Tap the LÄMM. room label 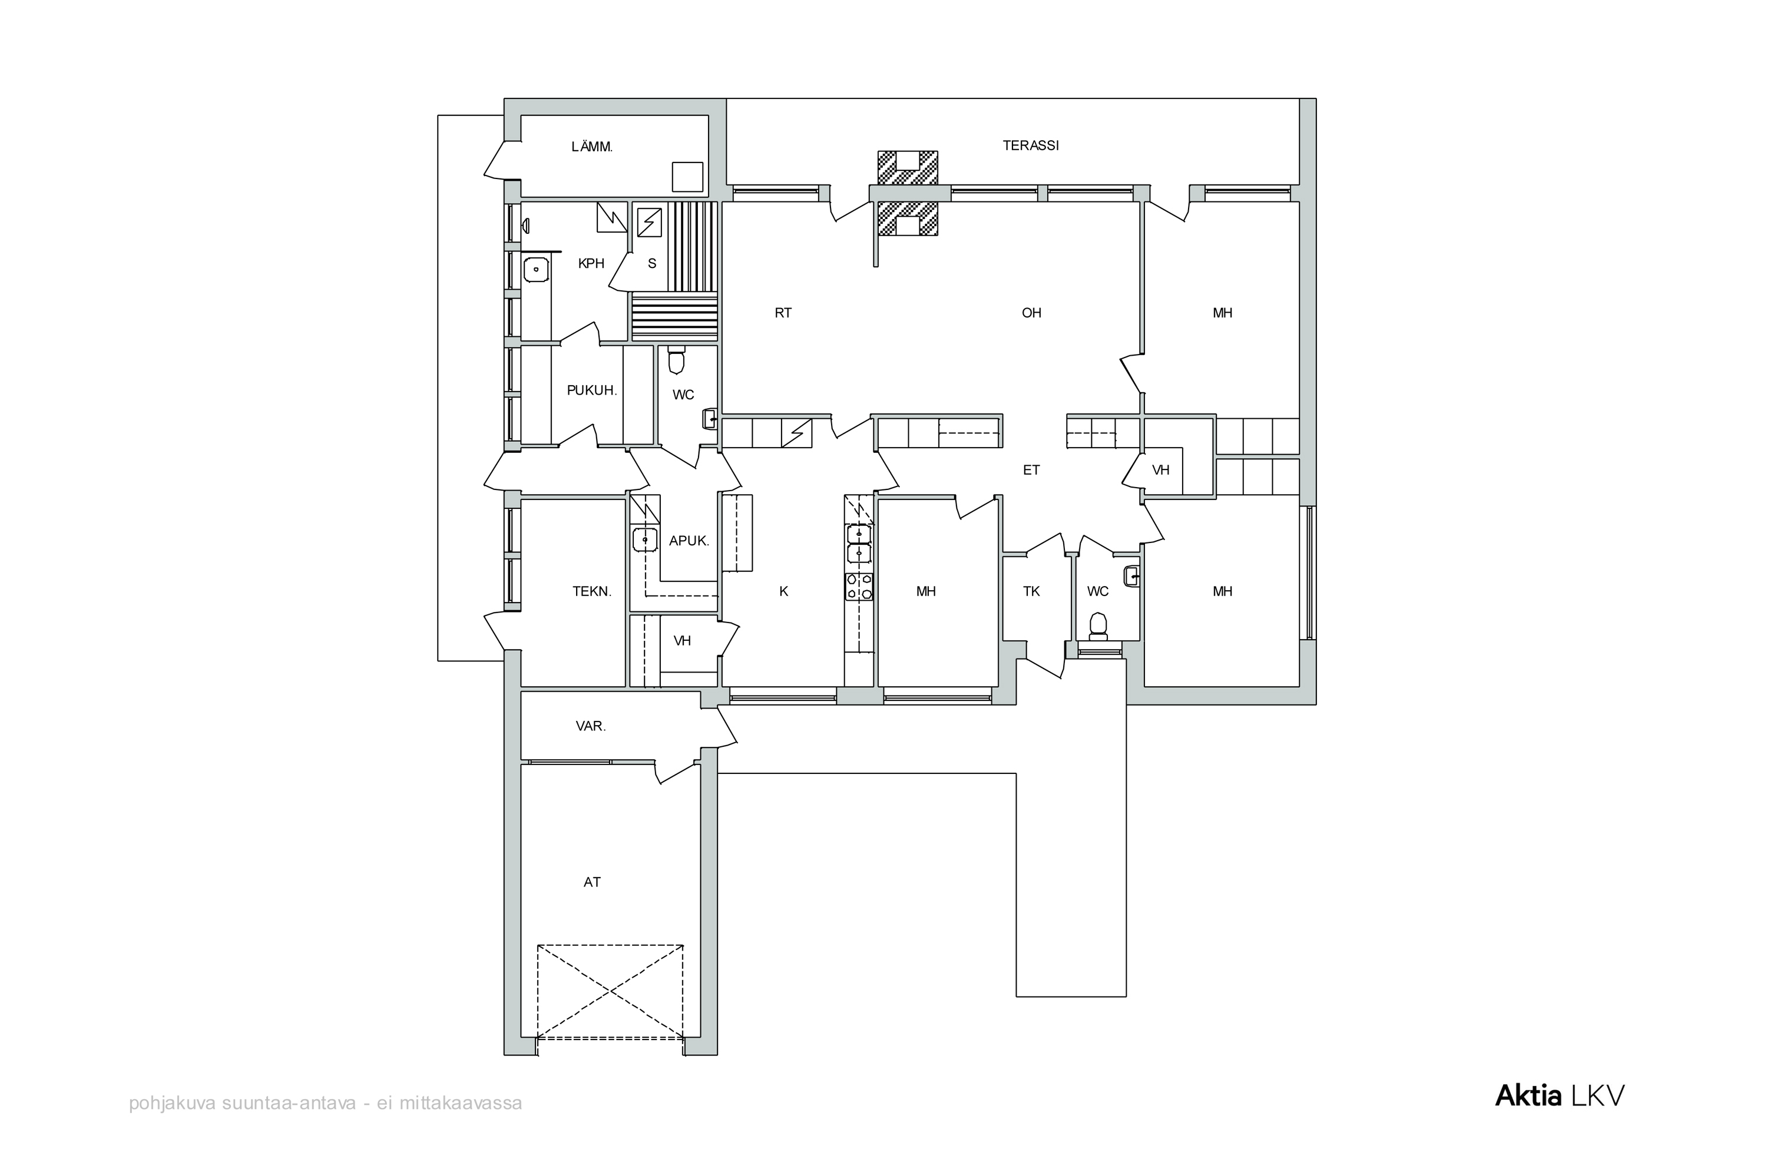pos(592,147)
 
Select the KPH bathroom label pos(591,263)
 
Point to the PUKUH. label pos(592,390)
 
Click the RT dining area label pos(783,313)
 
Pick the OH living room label pos(1031,313)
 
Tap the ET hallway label pos(1031,470)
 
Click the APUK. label pos(689,540)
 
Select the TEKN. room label pos(592,591)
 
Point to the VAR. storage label pos(591,726)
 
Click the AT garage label pos(592,882)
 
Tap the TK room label pos(1031,591)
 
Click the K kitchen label pos(784,591)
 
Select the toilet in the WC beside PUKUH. pos(677,360)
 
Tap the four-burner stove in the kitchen pos(859,586)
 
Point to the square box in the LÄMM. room pos(687,177)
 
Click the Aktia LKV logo pos(1560,1095)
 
